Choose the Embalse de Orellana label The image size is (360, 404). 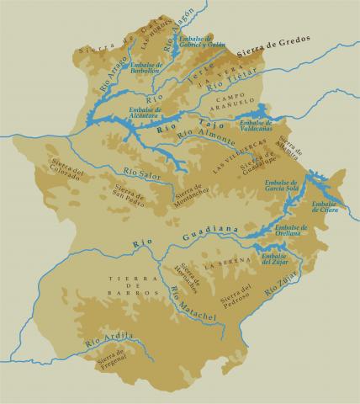[291, 231]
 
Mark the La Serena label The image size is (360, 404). [225, 263]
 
